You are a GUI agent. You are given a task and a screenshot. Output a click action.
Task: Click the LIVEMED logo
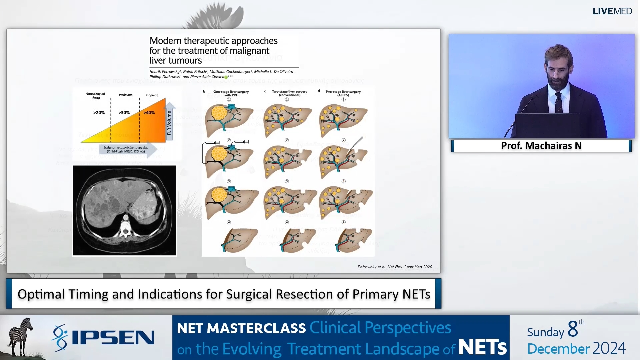612,11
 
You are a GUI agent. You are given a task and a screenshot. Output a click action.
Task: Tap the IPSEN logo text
113,338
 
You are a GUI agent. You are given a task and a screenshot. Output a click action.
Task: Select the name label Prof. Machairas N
541,146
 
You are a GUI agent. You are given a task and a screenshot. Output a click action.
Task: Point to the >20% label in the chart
99,113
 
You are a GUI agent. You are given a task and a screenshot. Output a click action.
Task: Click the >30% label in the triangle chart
124,113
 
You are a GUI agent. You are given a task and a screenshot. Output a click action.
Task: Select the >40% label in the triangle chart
149,113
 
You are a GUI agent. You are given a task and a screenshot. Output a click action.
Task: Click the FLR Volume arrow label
169,123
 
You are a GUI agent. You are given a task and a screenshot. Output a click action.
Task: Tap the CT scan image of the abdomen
124,210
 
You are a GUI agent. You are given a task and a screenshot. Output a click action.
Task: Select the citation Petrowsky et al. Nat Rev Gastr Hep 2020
395,267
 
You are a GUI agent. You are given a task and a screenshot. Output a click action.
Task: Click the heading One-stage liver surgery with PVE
231,93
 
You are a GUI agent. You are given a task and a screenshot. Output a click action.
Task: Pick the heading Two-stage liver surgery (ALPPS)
343,93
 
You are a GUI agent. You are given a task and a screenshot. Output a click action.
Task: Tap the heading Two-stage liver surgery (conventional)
289,93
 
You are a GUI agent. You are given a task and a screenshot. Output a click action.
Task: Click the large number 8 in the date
573,329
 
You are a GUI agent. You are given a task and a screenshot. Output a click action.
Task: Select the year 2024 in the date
609,348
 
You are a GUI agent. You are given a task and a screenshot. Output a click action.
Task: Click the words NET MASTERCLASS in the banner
241,328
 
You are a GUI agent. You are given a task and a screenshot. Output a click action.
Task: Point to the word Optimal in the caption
41,294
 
